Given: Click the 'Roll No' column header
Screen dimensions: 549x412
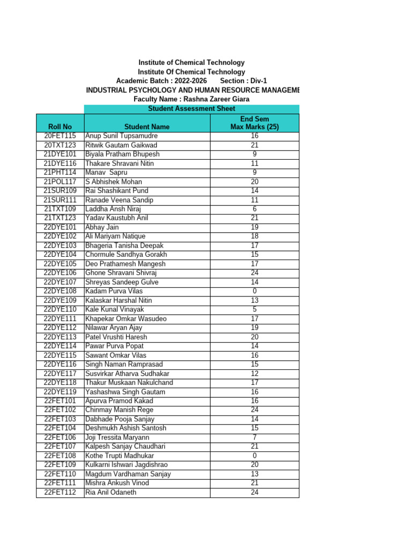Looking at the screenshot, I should tap(60, 127).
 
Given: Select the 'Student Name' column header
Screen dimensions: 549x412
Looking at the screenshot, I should tap(146, 127).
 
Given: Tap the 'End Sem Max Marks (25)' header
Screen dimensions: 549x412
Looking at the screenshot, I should tap(254, 123).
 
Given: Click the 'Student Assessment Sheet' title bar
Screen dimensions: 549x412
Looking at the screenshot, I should tap(192, 109).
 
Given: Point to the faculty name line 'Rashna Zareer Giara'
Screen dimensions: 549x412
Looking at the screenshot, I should tap(192, 99).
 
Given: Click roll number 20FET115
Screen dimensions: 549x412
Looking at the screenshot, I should tap(60, 136).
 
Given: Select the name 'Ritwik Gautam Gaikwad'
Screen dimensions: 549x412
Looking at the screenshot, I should tap(121, 145).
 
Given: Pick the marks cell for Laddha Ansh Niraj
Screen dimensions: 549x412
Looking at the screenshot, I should tap(254, 209).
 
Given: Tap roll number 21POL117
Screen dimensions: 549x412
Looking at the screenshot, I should tap(60, 182).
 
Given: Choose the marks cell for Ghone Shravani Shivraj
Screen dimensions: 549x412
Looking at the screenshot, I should tap(254, 273).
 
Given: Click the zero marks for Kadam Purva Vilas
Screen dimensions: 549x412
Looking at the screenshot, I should tap(254, 291).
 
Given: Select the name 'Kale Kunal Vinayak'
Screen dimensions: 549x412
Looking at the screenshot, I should tap(115, 309).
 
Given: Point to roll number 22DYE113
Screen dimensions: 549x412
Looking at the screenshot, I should tap(60, 337).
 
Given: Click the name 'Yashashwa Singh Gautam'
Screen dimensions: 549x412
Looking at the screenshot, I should tap(126, 392).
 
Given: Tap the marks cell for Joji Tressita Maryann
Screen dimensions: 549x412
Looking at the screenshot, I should tap(254, 437).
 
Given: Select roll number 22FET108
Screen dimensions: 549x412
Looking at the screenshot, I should tap(60, 456).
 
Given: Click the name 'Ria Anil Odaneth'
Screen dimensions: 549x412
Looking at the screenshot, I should tap(111, 492).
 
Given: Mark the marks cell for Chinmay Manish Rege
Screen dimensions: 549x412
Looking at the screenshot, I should tap(254, 410).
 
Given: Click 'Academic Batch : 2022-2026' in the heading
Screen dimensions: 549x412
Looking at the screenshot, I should tap(161, 80).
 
